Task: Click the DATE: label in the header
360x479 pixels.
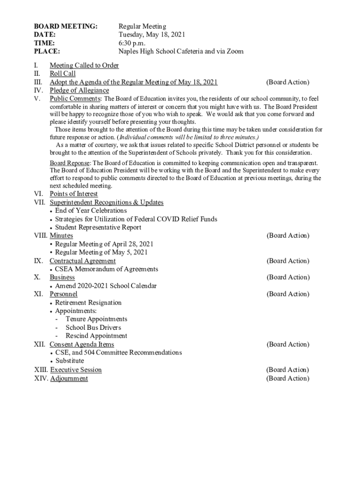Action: [45, 35]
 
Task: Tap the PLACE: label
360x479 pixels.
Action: [47, 51]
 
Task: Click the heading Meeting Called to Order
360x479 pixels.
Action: [84, 65]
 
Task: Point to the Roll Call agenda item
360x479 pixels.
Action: [63, 74]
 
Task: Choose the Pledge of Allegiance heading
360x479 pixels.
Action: [79, 90]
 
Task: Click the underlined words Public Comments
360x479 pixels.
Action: [75, 99]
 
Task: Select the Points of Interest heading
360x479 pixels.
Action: [74, 194]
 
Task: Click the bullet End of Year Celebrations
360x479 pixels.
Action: [91, 211]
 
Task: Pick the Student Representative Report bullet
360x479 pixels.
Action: [98, 228]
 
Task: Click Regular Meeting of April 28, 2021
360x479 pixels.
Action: [104, 244]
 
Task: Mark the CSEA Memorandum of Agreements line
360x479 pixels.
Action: [107, 269]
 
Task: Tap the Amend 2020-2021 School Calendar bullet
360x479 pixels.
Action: [106, 286]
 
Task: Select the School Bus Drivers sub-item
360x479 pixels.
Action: [93, 327]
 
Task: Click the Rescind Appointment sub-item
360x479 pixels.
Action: [96, 336]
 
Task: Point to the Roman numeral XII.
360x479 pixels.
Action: [40, 344]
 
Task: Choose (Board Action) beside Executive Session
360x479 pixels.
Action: [288, 370]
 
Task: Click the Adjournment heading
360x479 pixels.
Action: [69, 378]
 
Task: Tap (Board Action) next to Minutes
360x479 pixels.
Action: [288, 236]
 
